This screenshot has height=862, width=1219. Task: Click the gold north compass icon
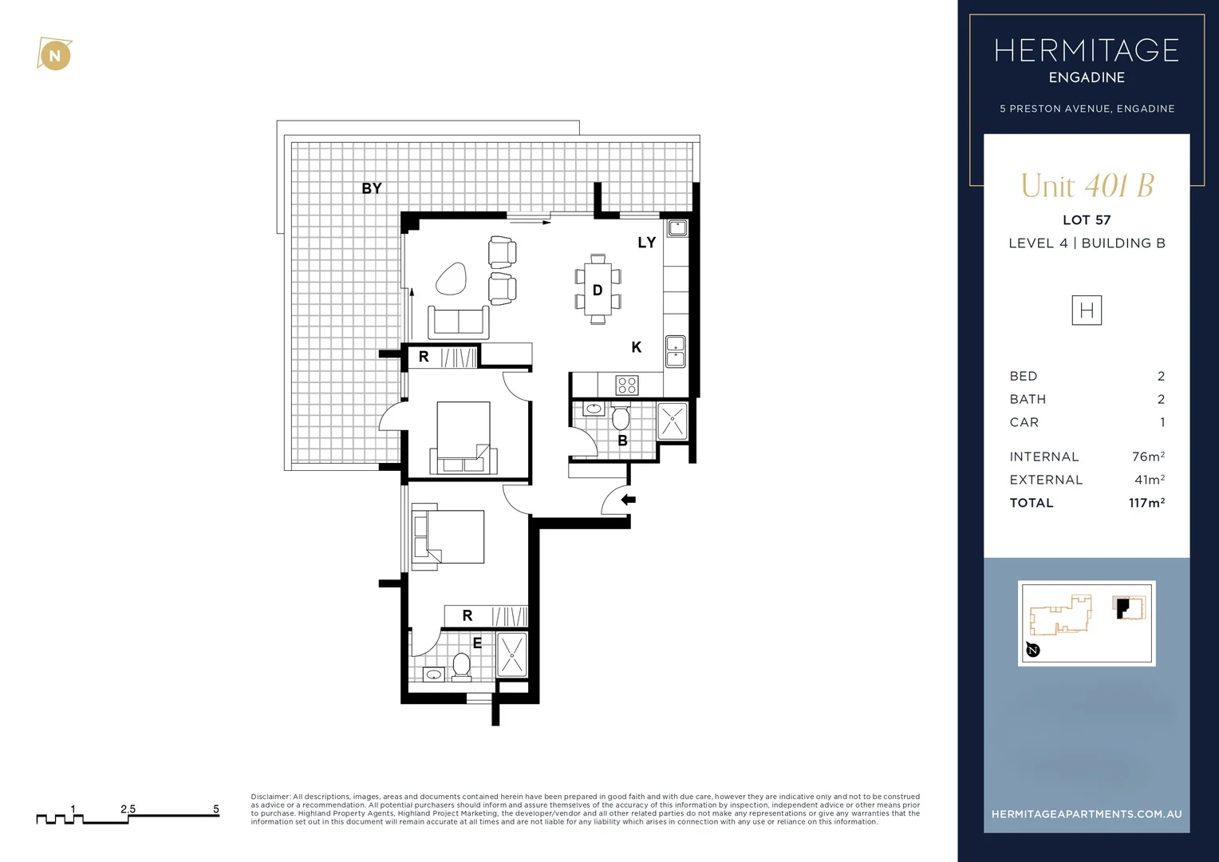click(x=54, y=55)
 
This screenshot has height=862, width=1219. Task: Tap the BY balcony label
click(x=372, y=188)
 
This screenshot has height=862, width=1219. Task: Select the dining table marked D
click(x=598, y=290)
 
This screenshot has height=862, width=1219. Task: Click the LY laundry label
click(x=646, y=243)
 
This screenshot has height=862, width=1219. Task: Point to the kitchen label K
click(x=636, y=347)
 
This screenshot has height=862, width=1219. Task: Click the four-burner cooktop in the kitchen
click(x=627, y=386)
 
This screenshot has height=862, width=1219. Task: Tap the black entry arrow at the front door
click(x=629, y=500)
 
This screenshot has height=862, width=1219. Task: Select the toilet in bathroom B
click(x=621, y=417)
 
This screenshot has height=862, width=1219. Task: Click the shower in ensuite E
click(x=512, y=654)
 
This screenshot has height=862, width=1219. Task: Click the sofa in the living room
click(x=459, y=322)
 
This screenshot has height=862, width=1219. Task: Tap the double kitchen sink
click(x=675, y=351)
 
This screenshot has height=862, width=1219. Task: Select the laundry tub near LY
click(x=677, y=228)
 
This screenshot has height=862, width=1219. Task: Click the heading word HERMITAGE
click(x=1086, y=51)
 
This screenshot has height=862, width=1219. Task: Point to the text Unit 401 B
click(x=1087, y=186)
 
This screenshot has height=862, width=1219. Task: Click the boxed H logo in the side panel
click(x=1086, y=310)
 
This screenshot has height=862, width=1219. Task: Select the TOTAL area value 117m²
click(x=1146, y=503)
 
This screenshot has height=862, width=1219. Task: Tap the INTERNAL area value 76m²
click(x=1148, y=457)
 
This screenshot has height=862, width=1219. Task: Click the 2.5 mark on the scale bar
click(x=128, y=809)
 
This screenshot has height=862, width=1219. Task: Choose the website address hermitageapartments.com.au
click(x=1086, y=814)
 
